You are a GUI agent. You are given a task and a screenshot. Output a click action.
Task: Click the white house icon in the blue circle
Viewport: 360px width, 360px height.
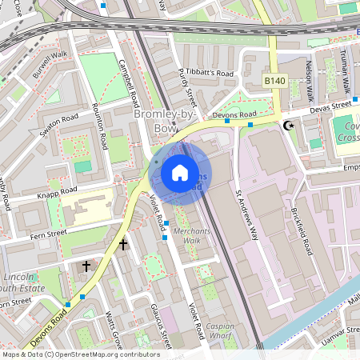coord(180,173)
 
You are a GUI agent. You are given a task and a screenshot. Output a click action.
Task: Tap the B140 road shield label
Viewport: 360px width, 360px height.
coord(275,81)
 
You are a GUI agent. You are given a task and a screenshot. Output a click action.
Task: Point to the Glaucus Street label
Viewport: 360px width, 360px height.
coord(160,326)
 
